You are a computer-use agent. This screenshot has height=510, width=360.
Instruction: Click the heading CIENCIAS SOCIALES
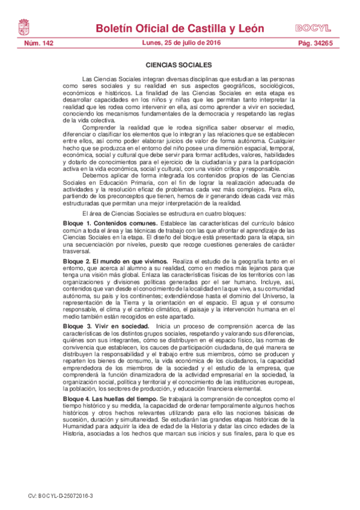(178, 64)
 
